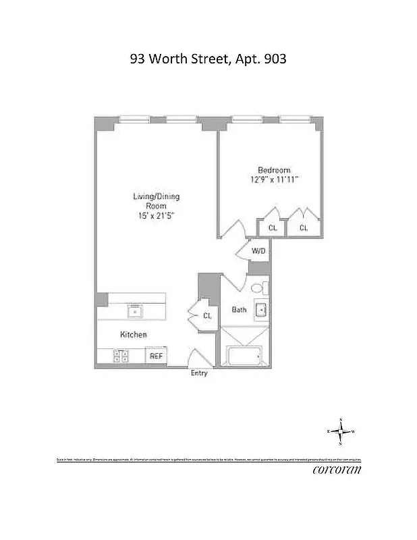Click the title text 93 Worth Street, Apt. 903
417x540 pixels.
(208, 59)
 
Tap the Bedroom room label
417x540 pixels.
(274, 170)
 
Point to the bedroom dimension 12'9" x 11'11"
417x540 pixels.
(274, 180)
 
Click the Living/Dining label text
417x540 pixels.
(156, 197)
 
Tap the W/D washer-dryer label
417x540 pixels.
(259, 252)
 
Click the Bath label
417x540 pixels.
(240, 310)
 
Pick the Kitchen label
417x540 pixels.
(134, 335)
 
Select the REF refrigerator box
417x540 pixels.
(156, 356)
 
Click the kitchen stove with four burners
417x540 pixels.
(121, 356)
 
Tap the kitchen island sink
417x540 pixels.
(135, 311)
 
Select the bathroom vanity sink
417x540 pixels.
(261, 310)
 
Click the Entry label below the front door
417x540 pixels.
(199, 373)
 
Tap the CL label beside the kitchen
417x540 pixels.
(207, 315)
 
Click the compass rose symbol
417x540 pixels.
(341, 431)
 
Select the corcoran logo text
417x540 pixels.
(336, 470)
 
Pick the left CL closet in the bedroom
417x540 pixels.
(273, 227)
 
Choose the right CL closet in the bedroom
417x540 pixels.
(304, 227)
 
